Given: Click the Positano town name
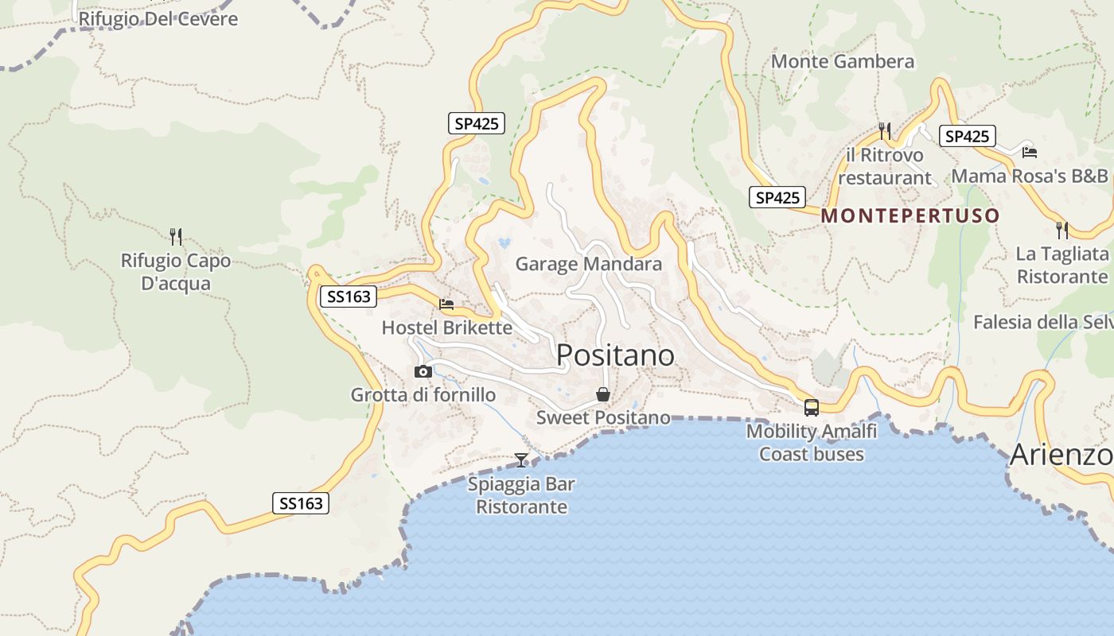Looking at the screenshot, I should click(x=615, y=355).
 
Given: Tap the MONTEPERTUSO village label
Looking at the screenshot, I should click(x=910, y=215).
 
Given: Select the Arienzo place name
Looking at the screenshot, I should click(x=1061, y=456).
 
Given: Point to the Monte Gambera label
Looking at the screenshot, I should click(x=843, y=61).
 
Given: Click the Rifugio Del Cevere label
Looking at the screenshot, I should click(x=158, y=18).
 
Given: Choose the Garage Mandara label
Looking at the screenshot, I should click(x=588, y=264).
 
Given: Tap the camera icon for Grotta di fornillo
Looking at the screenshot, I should click(x=423, y=371).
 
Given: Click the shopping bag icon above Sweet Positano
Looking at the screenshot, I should click(x=603, y=394).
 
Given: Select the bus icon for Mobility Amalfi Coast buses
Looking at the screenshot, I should click(x=812, y=408).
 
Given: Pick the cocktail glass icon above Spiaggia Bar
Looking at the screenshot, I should click(x=521, y=460).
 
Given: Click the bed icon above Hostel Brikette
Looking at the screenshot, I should click(x=446, y=304).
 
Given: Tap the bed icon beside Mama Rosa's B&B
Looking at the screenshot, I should click(x=1030, y=152).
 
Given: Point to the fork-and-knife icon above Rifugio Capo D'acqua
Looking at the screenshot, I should click(x=176, y=236).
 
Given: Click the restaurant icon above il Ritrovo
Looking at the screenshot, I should click(x=884, y=130).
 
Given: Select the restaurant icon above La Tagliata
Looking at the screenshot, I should click(x=1062, y=230).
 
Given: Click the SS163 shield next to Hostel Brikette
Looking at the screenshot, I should click(x=349, y=297).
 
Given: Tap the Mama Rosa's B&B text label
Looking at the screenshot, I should click(x=1030, y=176).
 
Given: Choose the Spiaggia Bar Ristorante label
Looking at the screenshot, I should click(x=521, y=495).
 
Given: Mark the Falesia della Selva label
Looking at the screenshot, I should click(x=1043, y=322).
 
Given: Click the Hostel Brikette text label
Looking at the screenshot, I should click(x=446, y=327).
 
